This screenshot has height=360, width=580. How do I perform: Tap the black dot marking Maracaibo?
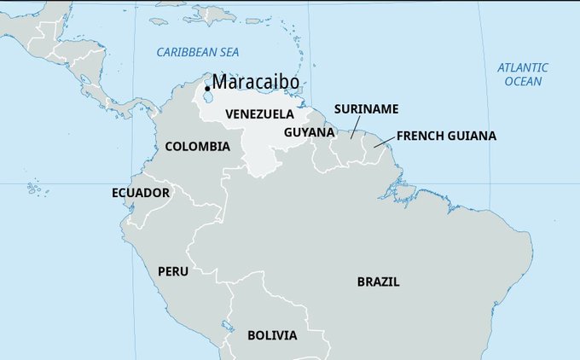click(x=207, y=88)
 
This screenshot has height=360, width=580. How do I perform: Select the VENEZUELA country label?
click(x=259, y=113)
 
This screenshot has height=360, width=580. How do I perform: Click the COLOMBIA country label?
click(x=197, y=147)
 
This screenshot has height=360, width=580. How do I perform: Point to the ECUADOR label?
click(x=141, y=193)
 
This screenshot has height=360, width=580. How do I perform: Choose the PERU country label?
click(x=173, y=271)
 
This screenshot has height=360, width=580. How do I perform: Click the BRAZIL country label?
click(x=378, y=282)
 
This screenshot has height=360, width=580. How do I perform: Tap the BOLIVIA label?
click(x=272, y=335)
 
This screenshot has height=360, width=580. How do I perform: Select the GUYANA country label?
click(x=309, y=132)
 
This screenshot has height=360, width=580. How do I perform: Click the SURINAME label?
click(x=366, y=109)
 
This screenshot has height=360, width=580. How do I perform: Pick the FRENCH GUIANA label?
click(x=446, y=136)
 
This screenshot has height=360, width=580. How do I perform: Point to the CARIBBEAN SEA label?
click(x=197, y=53)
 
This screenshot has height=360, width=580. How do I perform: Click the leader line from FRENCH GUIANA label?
click(x=384, y=142)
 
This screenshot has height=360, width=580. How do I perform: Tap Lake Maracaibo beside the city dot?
click(x=212, y=99)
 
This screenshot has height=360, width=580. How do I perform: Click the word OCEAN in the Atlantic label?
click(x=523, y=81)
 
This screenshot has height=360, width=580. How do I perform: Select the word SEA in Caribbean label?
click(x=229, y=53)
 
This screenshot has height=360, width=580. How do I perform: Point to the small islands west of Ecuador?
click(x=34, y=187)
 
